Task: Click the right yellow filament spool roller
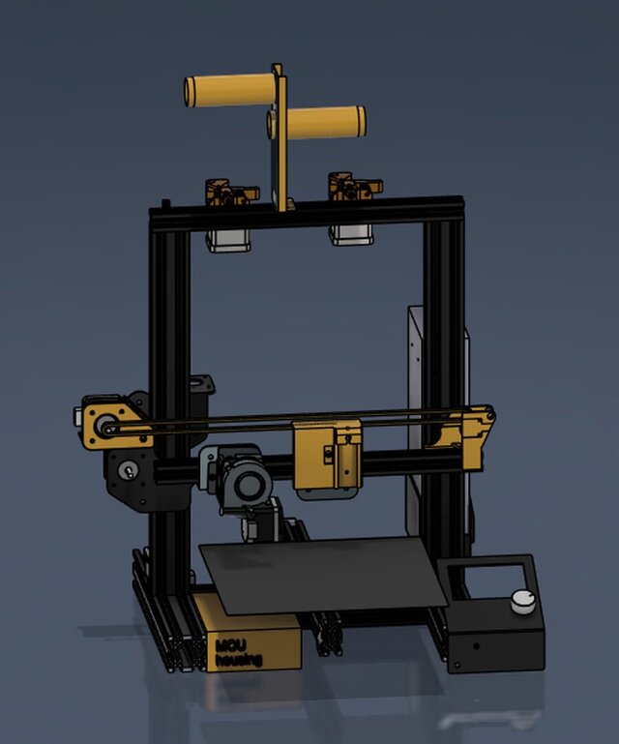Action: pos(319,122)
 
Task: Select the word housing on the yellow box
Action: pos(238,660)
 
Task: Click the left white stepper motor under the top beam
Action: pos(229,237)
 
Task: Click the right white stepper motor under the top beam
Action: pos(351,232)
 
